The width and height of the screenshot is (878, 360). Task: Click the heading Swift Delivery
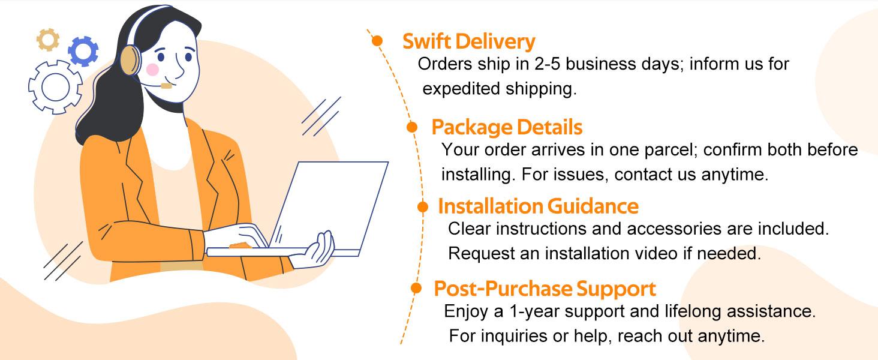point(468,42)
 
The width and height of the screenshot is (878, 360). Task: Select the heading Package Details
point(507,127)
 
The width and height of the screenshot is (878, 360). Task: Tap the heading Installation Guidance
point(538,206)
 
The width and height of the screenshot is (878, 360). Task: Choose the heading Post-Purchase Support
point(545,289)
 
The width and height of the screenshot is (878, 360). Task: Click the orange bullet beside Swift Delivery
point(377,41)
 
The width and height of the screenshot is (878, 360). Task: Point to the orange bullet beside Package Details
point(412,127)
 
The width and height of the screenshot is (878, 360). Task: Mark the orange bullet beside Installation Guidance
point(423,207)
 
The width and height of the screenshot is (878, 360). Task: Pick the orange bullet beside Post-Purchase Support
point(416,289)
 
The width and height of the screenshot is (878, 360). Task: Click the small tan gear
point(48,40)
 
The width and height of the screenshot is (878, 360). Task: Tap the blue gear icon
point(83,51)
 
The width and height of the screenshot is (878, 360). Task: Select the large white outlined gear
point(55,88)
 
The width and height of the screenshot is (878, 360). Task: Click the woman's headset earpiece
point(130,61)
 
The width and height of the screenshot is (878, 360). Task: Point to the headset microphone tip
point(166,86)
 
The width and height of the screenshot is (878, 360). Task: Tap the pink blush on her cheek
point(152,70)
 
